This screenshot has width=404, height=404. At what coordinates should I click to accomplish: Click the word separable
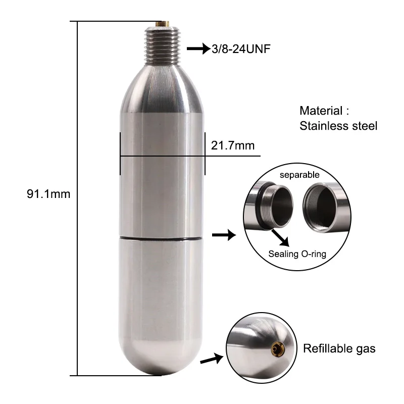[299, 175]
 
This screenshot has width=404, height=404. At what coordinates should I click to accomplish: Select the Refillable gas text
[339, 348]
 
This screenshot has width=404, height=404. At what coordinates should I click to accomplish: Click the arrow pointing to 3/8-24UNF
[197, 49]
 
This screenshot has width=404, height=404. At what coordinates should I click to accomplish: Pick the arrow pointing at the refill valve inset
[212, 360]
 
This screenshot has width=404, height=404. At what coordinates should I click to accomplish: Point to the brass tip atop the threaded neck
[162, 23]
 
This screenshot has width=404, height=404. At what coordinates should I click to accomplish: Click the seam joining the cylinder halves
[162, 236]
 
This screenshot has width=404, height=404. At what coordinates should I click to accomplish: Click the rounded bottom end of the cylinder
[162, 361]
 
